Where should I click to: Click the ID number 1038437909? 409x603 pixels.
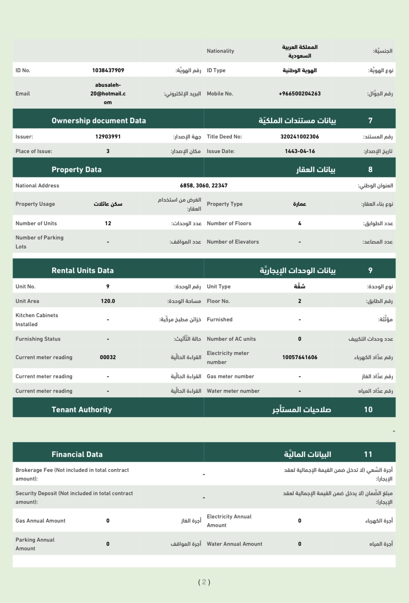pyautogui.click(x=108, y=70)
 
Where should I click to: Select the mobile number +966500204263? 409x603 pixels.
pyautogui.click(x=299, y=94)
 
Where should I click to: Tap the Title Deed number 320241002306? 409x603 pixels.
pyautogui.click(x=299, y=137)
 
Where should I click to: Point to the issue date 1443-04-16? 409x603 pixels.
pyautogui.click(x=299, y=151)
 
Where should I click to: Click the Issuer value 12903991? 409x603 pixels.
pyautogui.click(x=108, y=137)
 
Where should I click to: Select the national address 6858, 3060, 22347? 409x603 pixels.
pyautogui.click(x=204, y=186)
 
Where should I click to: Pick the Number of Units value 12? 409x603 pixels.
pyautogui.click(x=108, y=223)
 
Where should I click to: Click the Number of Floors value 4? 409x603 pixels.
pyautogui.click(x=299, y=223)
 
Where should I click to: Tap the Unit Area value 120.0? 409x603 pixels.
pyautogui.click(x=108, y=301)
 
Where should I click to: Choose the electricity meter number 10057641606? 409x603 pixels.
pyautogui.click(x=299, y=357)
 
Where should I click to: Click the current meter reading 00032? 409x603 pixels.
pyautogui.click(x=108, y=357)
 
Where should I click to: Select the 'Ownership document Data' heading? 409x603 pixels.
pyautogui.click(x=99, y=121)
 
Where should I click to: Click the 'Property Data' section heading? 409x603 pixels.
pyautogui.click(x=76, y=170)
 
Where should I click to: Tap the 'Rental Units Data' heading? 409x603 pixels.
pyautogui.click(x=83, y=271)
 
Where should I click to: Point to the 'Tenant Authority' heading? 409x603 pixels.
pyautogui.click(x=82, y=410)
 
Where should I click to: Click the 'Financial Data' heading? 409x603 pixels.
pyautogui.click(x=77, y=455)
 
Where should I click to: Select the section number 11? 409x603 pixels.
pyautogui.click(x=368, y=455)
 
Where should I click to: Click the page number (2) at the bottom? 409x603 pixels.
pyautogui.click(x=204, y=582)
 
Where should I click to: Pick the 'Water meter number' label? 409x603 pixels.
pyautogui.click(x=233, y=391)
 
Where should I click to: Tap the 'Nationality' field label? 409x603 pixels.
pyautogui.click(x=220, y=51)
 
